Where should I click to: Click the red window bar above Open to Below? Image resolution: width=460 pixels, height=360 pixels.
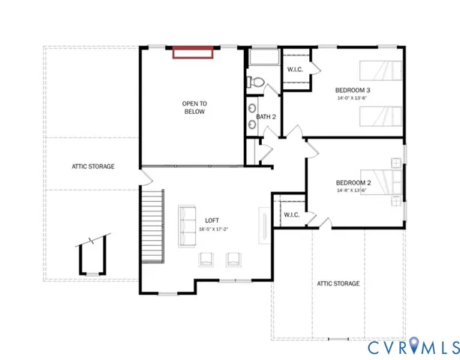[x=194, y=52]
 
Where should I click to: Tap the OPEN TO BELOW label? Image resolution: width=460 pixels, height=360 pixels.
[x=194, y=107]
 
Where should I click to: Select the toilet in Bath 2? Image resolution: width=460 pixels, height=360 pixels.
[x=255, y=83]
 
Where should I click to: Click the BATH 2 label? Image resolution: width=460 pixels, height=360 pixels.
[x=266, y=117]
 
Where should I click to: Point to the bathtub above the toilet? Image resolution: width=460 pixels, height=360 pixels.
[x=263, y=60]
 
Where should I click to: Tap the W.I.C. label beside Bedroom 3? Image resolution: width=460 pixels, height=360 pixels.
[x=295, y=70]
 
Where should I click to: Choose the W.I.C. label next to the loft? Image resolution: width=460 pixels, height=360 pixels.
[x=292, y=215]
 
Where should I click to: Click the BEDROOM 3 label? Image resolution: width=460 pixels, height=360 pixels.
[x=353, y=90]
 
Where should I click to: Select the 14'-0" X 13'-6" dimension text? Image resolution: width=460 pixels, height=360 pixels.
[x=353, y=98]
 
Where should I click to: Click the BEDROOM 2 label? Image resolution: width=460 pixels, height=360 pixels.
[x=353, y=182]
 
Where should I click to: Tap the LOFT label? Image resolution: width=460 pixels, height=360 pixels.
[x=212, y=220]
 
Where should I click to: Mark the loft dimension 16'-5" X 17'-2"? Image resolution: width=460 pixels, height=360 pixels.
[x=212, y=228]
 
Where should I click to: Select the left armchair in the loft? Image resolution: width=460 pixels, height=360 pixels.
[x=205, y=259]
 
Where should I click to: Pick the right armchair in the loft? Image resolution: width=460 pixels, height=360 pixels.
[x=233, y=259]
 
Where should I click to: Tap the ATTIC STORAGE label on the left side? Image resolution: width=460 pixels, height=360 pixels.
[x=93, y=166]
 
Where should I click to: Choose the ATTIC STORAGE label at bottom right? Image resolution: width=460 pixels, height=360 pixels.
[x=338, y=283]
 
